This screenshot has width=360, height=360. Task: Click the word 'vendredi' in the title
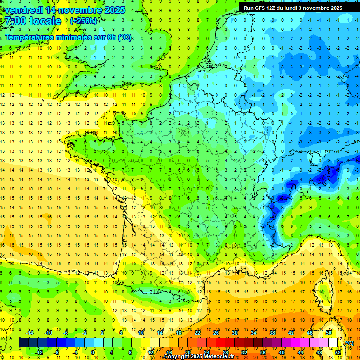point(23,10)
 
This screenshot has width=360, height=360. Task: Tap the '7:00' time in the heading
point(14,22)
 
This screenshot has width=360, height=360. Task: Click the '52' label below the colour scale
point(338,352)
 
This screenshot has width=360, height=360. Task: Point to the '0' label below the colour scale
point(93,352)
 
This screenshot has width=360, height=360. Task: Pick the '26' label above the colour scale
point(216,332)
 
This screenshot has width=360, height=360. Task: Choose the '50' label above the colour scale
point(329,332)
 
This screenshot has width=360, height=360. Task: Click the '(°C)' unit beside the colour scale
point(349,343)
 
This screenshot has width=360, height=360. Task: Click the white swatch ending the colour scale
point(333,342)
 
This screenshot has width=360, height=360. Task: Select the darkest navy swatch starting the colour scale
point(23,342)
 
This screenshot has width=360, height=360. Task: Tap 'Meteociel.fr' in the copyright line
point(218,357)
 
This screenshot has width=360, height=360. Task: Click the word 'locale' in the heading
point(45,22)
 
